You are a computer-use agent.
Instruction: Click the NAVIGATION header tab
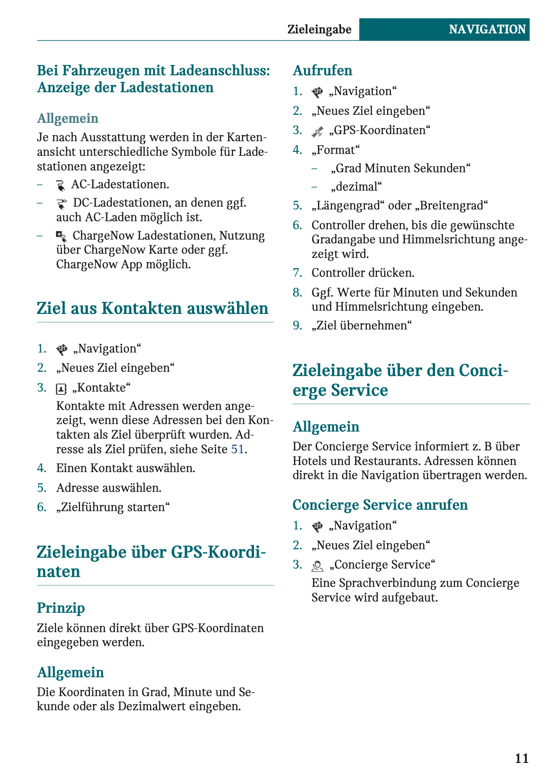point(487,29)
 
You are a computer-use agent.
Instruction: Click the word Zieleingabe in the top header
point(319,29)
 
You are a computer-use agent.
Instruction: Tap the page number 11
point(522,758)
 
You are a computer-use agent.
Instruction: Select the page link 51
point(237,449)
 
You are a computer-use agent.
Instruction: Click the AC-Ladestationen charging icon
point(60,185)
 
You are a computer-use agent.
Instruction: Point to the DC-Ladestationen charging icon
point(61,203)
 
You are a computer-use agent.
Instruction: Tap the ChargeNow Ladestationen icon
point(61,236)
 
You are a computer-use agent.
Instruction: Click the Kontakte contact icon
point(61,389)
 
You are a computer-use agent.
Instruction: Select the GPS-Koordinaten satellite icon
point(317,131)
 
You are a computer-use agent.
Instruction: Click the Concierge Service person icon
point(318,566)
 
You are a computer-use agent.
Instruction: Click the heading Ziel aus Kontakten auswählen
point(152,308)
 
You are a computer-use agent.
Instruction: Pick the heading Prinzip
point(61,608)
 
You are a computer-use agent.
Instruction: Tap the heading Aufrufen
point(322,70)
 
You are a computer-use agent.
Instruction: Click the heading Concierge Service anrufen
point(380,505)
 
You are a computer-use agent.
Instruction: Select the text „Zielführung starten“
point(113,507)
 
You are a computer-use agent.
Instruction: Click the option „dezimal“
point(356,186)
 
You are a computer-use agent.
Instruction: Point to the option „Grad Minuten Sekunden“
point(400,168)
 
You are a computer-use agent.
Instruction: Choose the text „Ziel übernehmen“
point(362,325)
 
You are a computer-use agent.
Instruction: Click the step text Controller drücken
point(363,273)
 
